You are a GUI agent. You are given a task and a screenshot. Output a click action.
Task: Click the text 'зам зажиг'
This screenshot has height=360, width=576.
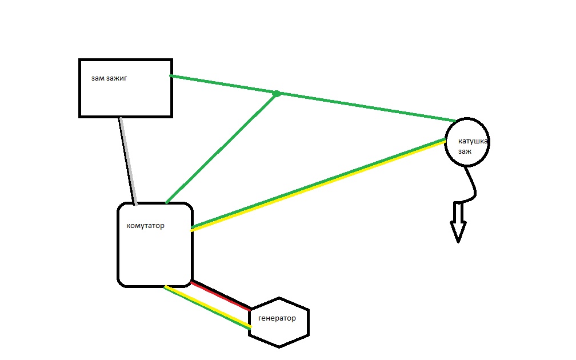click(109, 78)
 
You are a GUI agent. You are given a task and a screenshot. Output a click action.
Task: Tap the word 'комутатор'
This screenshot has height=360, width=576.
click(145, 226)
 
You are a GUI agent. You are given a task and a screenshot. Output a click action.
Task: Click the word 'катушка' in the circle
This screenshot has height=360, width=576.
click(474, 141)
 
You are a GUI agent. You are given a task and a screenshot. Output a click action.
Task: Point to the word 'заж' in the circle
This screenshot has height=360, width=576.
click(465, 152)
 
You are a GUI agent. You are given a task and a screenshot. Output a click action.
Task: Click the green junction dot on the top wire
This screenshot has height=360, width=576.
click(276, 93)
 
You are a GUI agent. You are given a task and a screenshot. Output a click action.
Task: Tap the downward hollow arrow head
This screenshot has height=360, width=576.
click(458, 231)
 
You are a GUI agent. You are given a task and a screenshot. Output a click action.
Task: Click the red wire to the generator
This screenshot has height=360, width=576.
click(222, 295)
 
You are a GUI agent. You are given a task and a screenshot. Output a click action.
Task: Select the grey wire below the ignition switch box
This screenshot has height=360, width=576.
click(127, 160)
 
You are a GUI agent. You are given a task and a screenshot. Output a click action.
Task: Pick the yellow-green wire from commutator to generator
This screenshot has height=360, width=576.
click(207, 306)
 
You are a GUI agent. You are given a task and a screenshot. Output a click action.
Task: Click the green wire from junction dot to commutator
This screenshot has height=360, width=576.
click(221, 148)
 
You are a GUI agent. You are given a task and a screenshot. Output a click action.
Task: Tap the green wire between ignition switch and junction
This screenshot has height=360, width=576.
click(223, 85)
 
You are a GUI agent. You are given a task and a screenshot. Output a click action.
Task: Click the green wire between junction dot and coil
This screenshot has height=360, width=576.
click(366, 107)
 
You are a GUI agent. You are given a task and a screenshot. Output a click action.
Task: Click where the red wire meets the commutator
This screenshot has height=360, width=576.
click(193, 282)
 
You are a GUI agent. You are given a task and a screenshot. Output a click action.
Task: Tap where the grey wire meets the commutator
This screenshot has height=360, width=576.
click(135, 203)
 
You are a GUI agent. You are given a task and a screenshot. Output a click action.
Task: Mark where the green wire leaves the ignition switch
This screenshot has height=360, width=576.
click(172, 76)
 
